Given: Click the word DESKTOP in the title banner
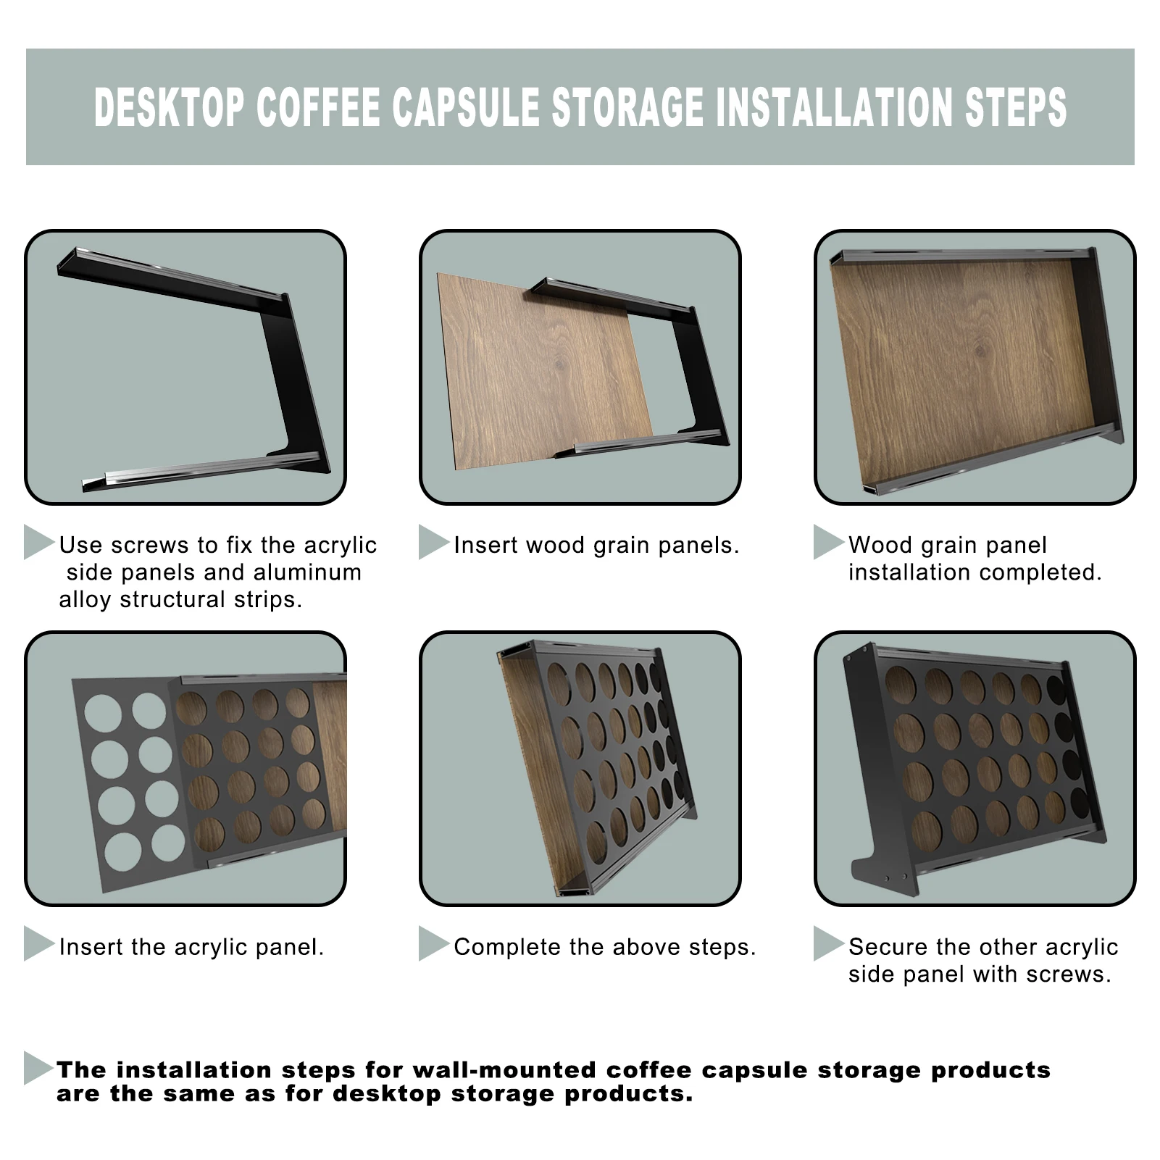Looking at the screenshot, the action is tap(169, 107).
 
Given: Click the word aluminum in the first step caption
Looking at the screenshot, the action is tap(304, 572).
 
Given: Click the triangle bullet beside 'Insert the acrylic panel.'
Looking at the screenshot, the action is tap(39, 943).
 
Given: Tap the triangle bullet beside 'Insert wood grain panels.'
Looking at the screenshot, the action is tap(434, 542).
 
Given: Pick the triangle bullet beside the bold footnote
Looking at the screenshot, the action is tap(39, 1068).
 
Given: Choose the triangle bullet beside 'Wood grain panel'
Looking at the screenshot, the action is tap(829, 542).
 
